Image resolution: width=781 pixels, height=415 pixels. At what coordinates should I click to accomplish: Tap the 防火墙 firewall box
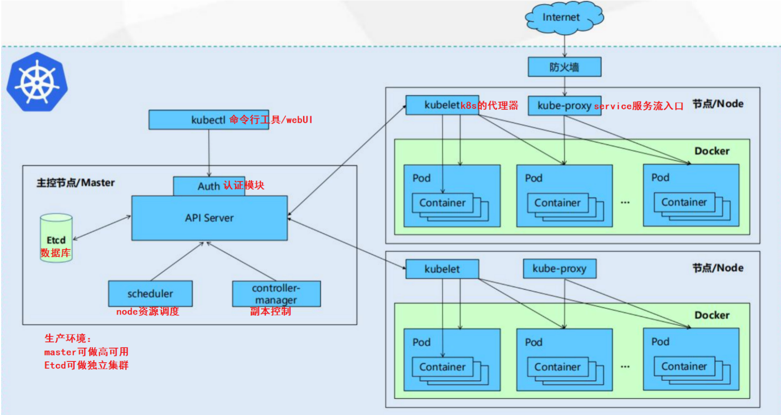pyautogui.click(x=564, y=67)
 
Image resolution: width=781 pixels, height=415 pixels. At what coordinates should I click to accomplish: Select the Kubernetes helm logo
pyautogui.click(x=37, y=82)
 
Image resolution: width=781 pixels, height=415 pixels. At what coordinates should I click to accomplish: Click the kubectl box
pyautogui.click(x=209, y=120)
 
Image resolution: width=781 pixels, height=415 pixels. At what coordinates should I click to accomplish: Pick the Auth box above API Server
pyautogui.click(x=209, y=186)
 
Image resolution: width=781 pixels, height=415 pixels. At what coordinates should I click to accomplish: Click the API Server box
pyautogui.click(x=209, y=218)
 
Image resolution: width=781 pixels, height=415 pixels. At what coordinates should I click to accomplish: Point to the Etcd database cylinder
pyautogui.click(x=56, y=238)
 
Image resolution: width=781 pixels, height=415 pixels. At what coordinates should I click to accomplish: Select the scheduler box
pyautogui.click(x=150, y=293)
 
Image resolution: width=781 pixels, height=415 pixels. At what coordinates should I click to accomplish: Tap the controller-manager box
pyautogui.click(x=276, y=294)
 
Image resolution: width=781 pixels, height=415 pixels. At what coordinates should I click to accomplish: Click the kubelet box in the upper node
pyautogui.click(x=442, y=105)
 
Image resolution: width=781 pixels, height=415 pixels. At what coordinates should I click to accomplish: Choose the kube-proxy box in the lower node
pyautogui.click(x=559, y=268)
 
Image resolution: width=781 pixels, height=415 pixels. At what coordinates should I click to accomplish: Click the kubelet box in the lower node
pyautogui.click(x=442, y=269)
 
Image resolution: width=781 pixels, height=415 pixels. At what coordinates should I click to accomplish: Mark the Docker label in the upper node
pyautogui.click(x=712, y=151)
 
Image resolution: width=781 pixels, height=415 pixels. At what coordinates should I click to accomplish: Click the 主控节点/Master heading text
pyautogui.click(x=75, y=183)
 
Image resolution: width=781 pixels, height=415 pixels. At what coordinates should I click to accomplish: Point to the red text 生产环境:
pyautogui.click(x=68, y=338)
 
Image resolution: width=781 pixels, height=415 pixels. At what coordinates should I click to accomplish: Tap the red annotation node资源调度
pyautogui.click(x=148, y=312)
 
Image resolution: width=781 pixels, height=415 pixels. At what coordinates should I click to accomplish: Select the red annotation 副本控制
pyautogui.click(x=271, y=311)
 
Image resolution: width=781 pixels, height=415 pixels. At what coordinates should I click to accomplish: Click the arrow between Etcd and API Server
pyautogui.click(x=102, y=228)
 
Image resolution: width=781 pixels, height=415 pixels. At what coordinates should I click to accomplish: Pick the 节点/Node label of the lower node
pyautogui.click(x=718, y=268)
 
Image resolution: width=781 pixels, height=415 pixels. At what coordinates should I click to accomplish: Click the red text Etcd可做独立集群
pyautogui.click(x=87, y=365)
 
